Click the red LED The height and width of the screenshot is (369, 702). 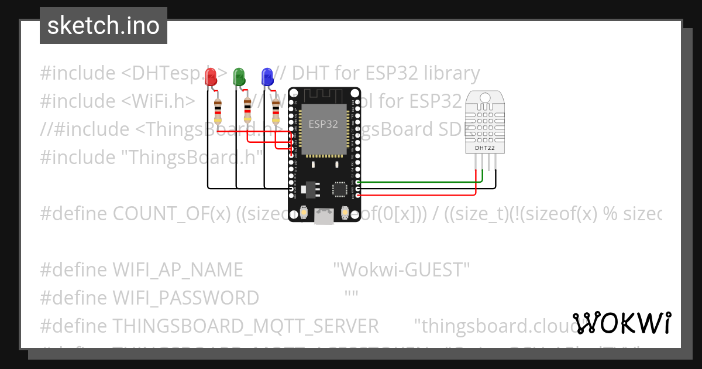click(211, 77)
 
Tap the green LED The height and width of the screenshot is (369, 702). click(239, 77)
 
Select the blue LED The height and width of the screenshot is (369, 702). click(267, 77)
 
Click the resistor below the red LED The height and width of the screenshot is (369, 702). click(218, 111)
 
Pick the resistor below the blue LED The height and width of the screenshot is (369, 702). click(276, 111)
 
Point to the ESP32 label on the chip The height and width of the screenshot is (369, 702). click(323, 124)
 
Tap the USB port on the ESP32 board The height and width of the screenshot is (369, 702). click(324, 217)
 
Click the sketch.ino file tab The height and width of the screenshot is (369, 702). click(104, 26)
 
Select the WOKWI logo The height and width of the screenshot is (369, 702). click(622, 323)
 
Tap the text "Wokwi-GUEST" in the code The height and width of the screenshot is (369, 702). click(401, 270)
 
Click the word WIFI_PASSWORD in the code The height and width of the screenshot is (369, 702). click(185, 298)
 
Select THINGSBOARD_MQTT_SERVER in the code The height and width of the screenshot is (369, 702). click(245, 326)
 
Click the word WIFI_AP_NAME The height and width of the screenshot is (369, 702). click(177, 270)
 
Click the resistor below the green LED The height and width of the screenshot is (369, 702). click(247, 111)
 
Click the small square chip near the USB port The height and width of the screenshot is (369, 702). click(339, 189)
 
